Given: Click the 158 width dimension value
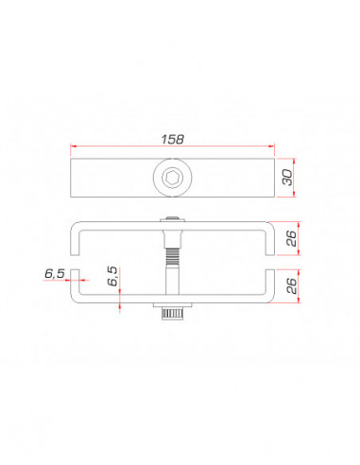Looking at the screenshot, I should click(x=172, y=138).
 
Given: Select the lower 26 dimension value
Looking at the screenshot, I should click(x=292, y=284).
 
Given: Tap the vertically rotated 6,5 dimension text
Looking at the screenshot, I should click(x=112, y=276).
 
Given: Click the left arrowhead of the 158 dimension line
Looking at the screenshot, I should click(x=75, y=146).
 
